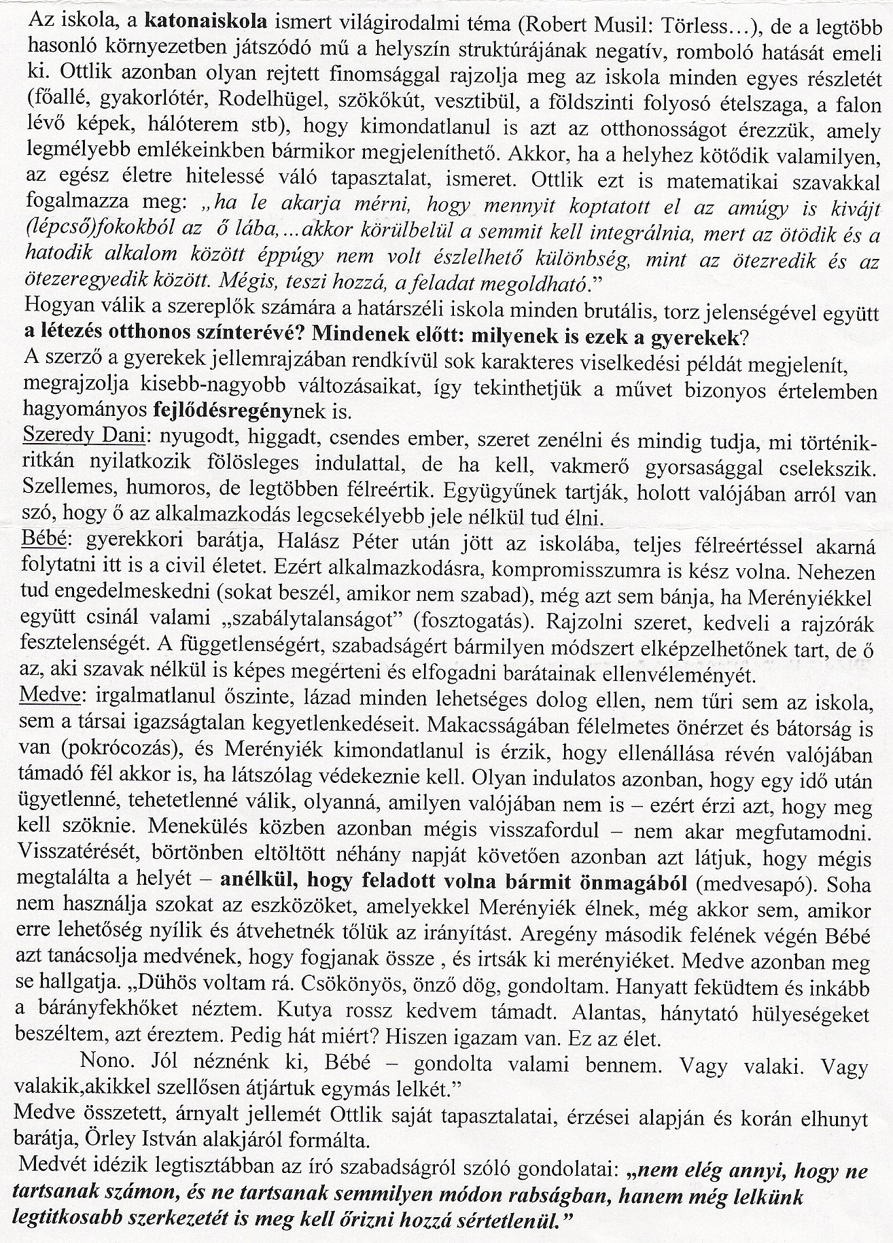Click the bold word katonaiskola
(x=207, y=20)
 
